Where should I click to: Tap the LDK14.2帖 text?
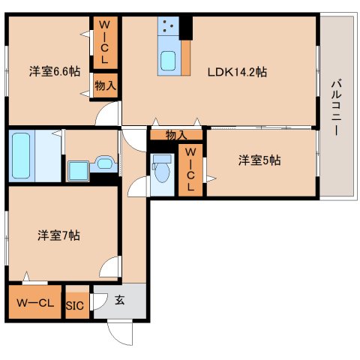point(238,72)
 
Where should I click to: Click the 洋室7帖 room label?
point(58,235)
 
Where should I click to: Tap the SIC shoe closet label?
point(75,305)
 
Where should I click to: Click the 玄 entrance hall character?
point(120,300)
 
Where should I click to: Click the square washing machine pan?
point(78,170)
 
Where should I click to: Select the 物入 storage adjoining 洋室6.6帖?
point(105,86)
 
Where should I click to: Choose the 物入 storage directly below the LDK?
point(176,135)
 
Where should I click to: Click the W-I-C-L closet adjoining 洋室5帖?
point(190,171)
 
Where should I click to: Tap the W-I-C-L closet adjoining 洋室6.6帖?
point(104,42)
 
